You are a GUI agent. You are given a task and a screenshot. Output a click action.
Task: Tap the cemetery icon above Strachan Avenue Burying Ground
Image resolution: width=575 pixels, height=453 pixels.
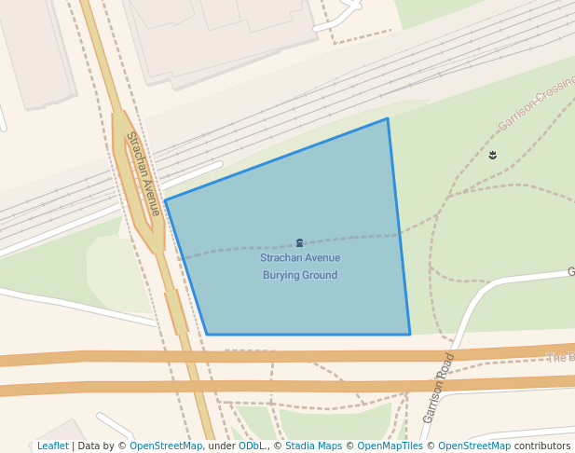(299, 242)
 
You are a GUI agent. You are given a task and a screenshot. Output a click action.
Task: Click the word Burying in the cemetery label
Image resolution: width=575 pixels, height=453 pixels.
(281, 276)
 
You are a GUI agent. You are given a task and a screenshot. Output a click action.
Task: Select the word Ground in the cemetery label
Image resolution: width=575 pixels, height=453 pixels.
(320, 276)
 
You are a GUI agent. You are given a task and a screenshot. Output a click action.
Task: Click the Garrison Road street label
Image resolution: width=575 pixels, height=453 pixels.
(438, 388)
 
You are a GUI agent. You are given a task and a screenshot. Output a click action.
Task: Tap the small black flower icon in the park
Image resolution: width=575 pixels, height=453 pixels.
(492, 155)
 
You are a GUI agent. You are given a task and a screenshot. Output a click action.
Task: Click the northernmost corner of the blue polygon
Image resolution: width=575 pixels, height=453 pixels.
(387, 118)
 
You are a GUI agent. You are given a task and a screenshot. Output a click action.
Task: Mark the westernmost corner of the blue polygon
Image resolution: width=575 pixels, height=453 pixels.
(165, 200)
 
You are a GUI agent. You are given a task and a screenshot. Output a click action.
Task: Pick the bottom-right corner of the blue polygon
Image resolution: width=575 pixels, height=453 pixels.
(410, 334)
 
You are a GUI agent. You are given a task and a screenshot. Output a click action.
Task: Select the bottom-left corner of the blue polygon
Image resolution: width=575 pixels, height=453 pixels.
(207, 334)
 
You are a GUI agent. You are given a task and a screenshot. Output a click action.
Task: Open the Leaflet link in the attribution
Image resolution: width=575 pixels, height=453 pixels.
(52, 446)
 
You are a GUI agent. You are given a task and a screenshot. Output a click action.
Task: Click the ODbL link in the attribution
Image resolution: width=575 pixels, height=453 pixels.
(251, 446)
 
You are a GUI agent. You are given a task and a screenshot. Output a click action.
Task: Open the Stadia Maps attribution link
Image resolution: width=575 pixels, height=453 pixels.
(313, 446)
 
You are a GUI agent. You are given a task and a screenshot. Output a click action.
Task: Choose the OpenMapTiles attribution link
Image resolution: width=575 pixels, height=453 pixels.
(390, 446)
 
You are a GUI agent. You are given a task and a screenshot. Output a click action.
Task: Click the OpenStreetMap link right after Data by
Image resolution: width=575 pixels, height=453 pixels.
(166, 446)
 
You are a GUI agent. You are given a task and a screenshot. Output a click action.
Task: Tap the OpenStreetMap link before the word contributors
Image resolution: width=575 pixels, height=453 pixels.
(474, 446)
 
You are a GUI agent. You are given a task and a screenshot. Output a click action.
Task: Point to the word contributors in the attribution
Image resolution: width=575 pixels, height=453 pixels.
(542, 446)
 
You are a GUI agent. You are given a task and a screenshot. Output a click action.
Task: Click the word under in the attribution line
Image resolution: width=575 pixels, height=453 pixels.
(222, 446)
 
